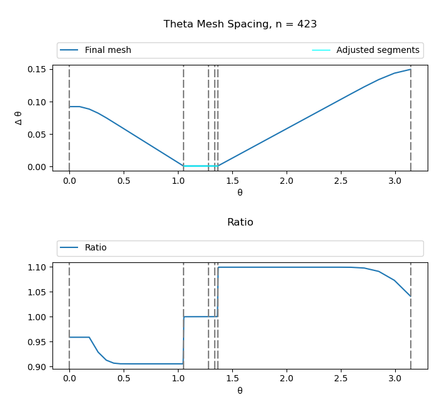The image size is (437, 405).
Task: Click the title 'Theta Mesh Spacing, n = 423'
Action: [240, 24]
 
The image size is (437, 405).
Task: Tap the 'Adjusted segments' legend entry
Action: [377, 50]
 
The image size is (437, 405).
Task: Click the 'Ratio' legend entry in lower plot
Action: [96, 248]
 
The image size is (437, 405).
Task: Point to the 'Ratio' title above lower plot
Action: [240, 222]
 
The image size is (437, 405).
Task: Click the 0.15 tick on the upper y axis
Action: [37, 69]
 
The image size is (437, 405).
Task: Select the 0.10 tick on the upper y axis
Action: [37, 102]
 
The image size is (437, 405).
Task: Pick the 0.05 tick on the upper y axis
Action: [37, 135]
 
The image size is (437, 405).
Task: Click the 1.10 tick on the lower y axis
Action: [37, 267]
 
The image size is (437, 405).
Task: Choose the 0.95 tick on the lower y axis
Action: [37, 342]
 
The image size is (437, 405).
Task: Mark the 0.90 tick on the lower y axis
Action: [37, 367]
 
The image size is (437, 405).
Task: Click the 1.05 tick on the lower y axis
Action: [37, 292]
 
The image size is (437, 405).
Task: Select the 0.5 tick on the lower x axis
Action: [124, 379]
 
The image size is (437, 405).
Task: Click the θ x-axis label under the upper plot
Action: [240, 193]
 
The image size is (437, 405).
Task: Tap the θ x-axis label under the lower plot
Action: [240, 391]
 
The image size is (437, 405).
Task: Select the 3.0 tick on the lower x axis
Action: [395, 379]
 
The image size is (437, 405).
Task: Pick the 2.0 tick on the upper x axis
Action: [287, 181]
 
